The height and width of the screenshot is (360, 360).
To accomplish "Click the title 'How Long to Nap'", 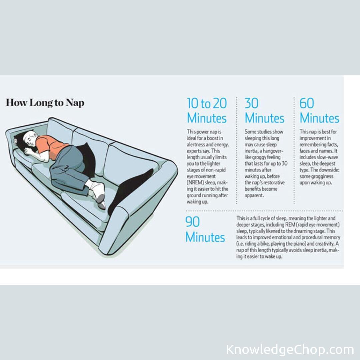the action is pos(45,103).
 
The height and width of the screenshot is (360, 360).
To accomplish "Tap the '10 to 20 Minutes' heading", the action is pos(207,110).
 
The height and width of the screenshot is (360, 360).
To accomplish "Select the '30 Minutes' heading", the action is pos(264,110).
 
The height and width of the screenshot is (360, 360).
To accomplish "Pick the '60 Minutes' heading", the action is pos(319,110).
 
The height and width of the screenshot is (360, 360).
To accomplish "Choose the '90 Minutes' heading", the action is pos(205,229).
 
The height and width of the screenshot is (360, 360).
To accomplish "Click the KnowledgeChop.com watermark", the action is pos(290,349).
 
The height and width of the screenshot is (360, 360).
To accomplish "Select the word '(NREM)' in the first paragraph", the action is pos(195,183).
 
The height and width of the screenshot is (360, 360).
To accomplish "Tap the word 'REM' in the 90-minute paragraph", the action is pos(290,225).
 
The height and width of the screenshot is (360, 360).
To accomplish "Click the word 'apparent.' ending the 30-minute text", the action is pos(254,195).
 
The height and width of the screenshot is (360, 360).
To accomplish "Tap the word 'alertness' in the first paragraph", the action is pos(196,145).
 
